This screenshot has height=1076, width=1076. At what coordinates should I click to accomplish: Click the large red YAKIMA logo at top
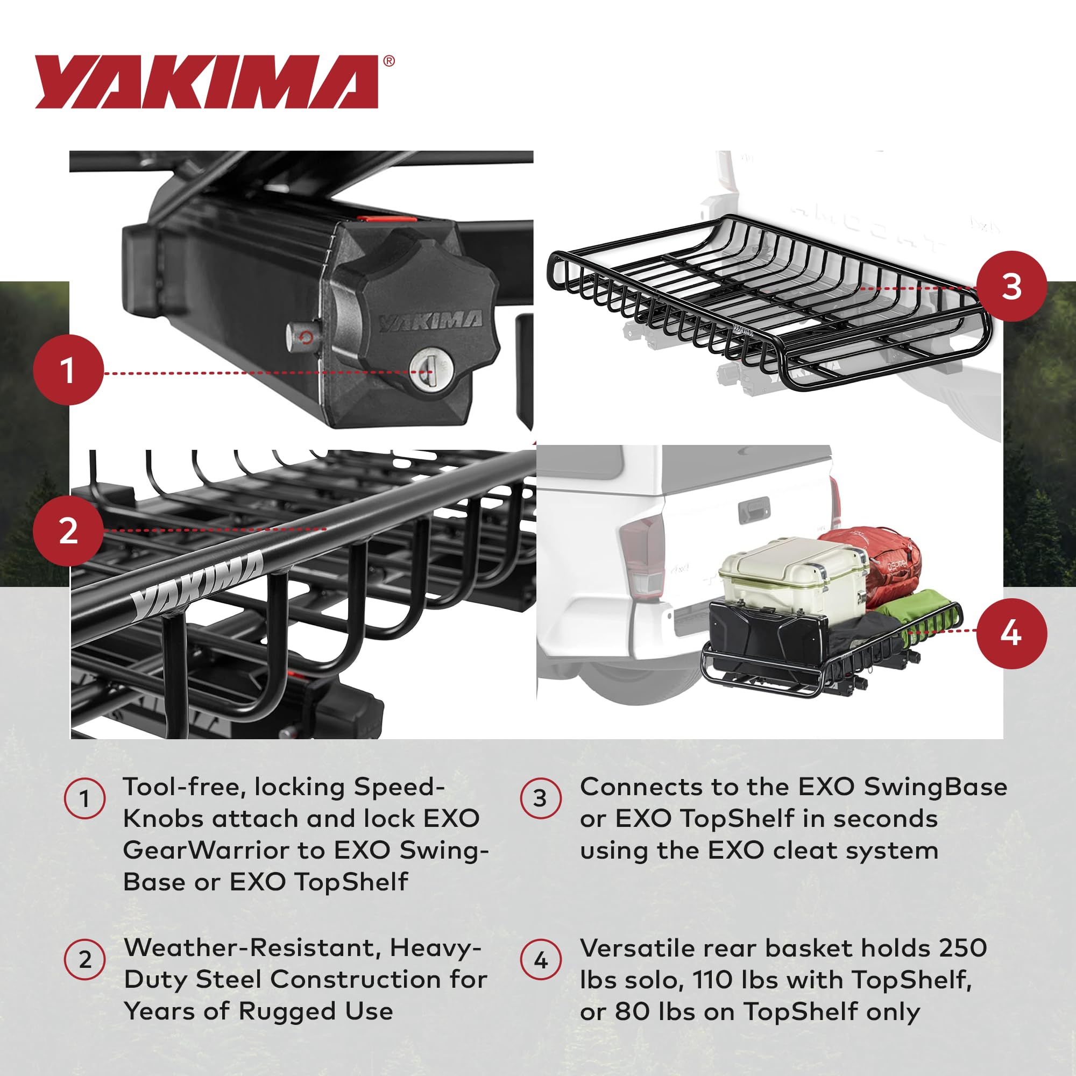(206, 82)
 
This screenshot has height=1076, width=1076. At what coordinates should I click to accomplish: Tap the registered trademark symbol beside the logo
(390, 61)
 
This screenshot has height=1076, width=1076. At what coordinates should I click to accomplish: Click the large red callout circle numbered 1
(68, 370)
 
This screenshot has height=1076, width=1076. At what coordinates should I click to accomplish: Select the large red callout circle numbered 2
(68, 531)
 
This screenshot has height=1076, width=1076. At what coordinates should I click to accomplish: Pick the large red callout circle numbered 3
(1011, 287)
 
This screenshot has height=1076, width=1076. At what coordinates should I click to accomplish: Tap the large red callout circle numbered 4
(1011, 633)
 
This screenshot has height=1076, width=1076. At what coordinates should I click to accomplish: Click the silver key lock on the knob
(429, 370)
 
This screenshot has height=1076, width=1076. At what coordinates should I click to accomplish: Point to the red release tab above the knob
(386, 219)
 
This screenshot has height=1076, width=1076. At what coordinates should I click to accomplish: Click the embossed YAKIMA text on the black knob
(430, 321)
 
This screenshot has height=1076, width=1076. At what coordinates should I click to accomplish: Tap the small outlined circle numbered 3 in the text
(540, 798)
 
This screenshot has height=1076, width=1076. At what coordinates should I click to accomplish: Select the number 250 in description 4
(963, 948)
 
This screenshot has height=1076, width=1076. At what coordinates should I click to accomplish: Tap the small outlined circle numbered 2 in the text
(84, 960)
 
